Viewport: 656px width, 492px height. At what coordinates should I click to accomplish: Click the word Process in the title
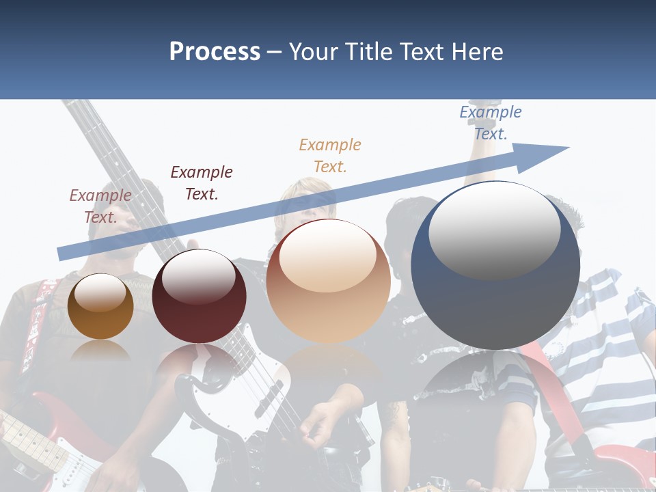coord(215,52)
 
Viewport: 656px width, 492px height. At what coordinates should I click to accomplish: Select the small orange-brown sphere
coord(100,306)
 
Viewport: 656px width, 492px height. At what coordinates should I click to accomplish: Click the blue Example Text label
coord(490,123)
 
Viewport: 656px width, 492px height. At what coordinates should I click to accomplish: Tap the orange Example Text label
coord(329,155)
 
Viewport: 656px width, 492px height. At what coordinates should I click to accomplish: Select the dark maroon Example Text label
coord(201,182)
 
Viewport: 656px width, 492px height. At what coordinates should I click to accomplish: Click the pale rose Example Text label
coord(100,206)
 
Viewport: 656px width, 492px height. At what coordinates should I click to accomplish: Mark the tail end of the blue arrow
coord(60,254)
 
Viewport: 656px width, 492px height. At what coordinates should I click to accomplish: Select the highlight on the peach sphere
coord(327,256)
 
